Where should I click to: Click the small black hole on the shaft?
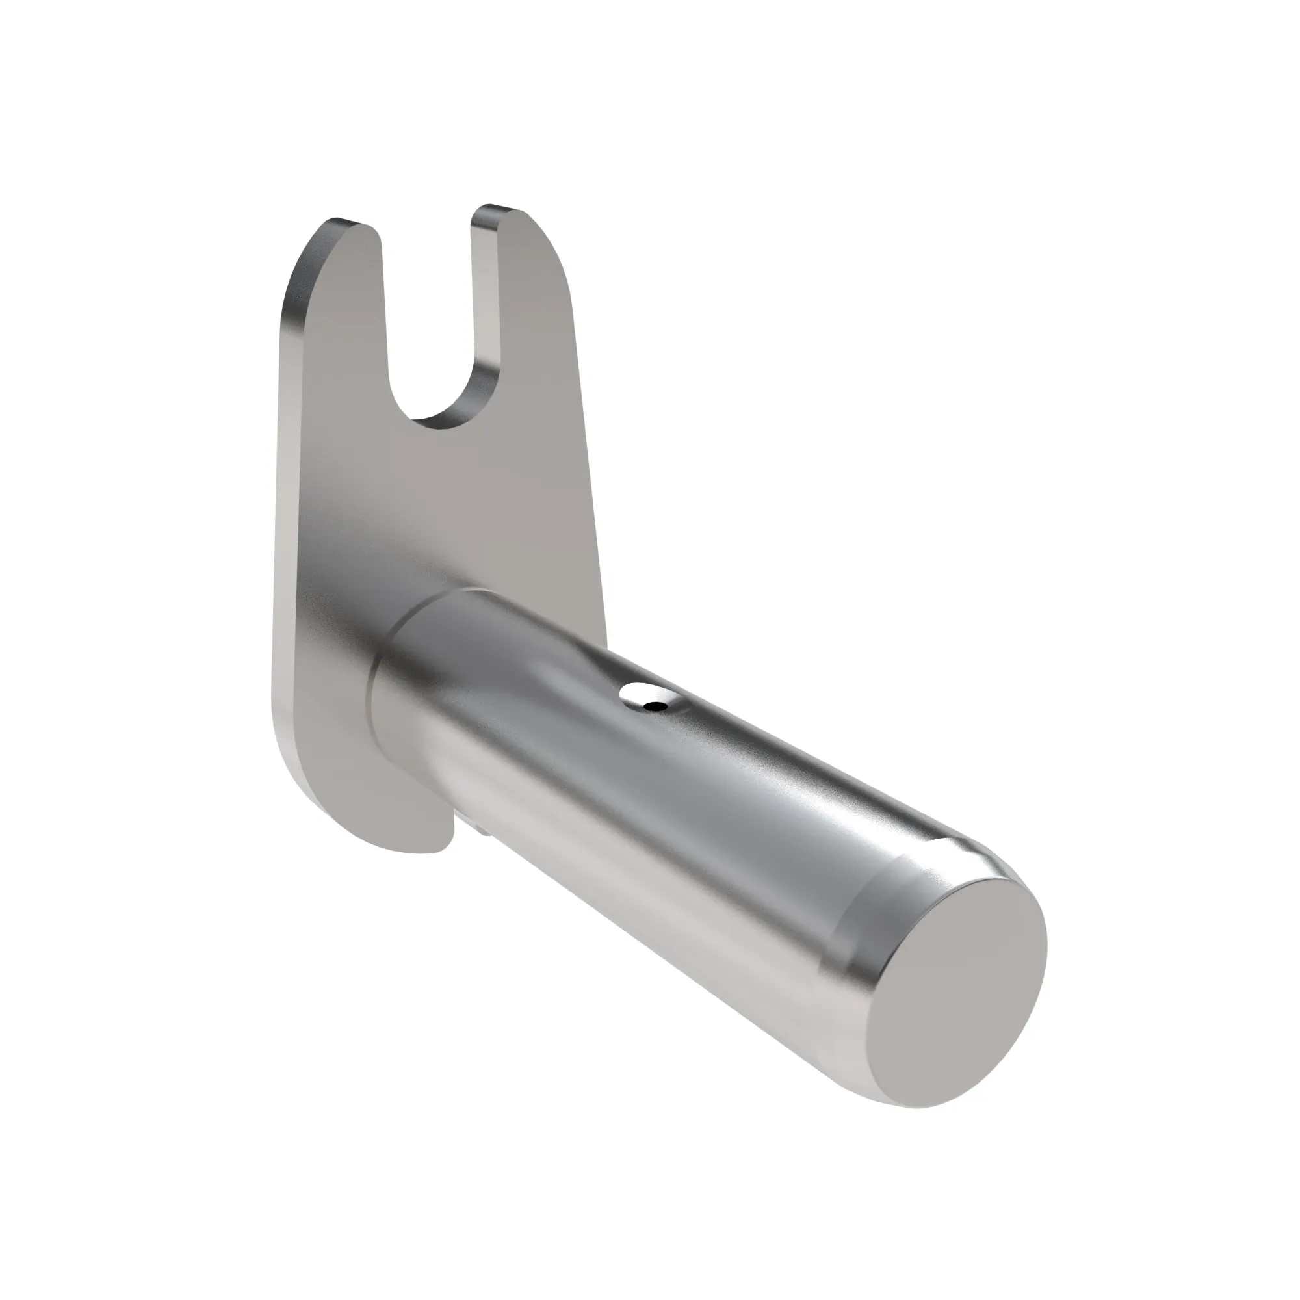click(x=653, y=706)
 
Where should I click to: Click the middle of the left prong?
click(x=337, y=323)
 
